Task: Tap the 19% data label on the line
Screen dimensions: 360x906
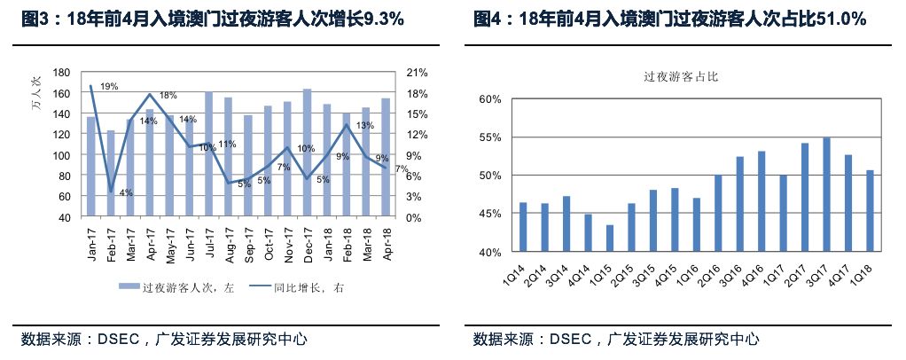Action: click(x=109, y=87)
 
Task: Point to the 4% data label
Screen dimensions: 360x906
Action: click(x=126, y=192)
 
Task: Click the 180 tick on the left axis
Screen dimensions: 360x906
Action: click(x=62, y=73)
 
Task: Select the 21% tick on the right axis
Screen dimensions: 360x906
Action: click(x=417, y=73)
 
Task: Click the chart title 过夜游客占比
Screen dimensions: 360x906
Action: click(x=680, y=77)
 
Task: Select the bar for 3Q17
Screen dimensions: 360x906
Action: click(x=826, y=194)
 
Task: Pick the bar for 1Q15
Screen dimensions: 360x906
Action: click(x=609, y=239)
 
